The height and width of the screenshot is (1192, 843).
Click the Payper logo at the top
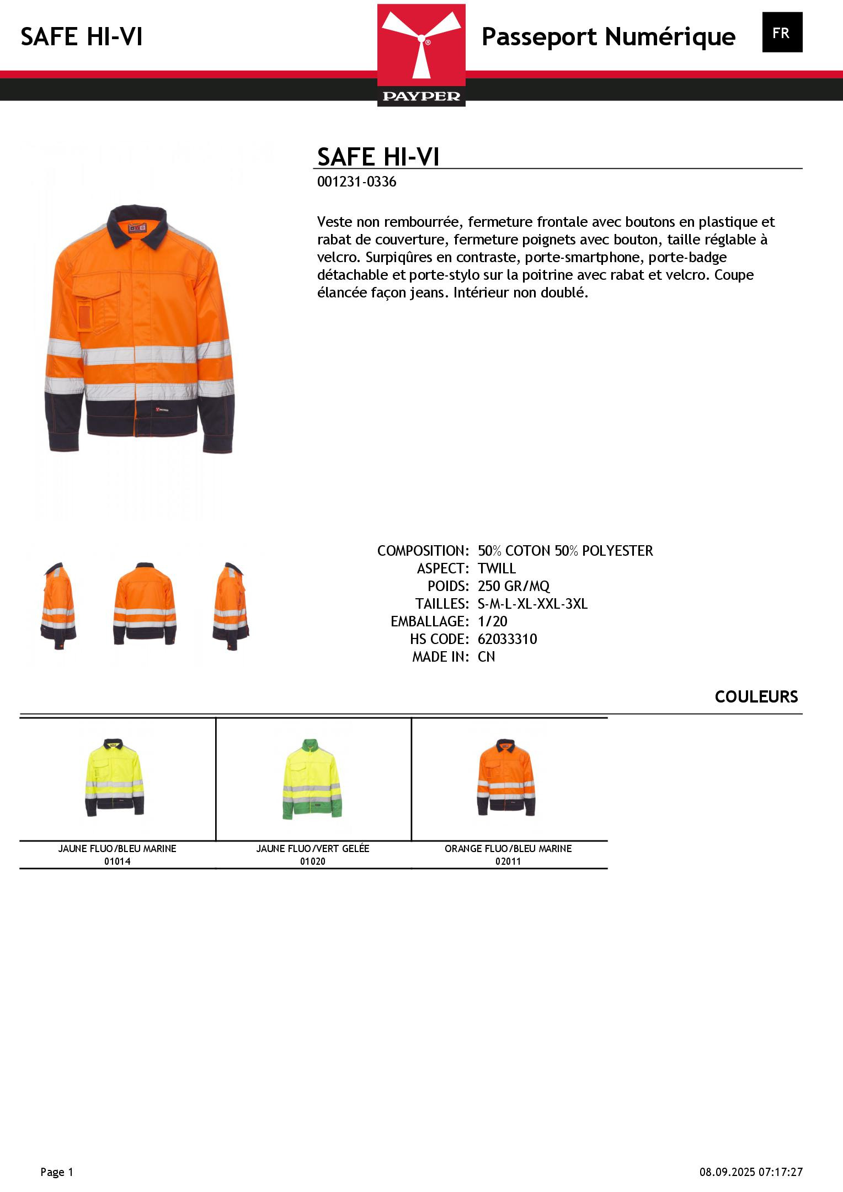421,55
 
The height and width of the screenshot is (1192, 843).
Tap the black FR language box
782,33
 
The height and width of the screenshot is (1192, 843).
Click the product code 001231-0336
356,182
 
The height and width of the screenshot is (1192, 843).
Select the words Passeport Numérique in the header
608,37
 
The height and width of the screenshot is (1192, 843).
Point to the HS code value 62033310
507,639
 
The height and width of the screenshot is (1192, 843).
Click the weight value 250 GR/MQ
514,586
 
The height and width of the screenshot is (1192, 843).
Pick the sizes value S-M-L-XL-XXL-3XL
532,604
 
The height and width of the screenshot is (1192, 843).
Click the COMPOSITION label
423,551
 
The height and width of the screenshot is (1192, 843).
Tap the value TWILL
497,568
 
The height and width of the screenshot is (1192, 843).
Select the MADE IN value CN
486,657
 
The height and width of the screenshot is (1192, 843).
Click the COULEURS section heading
756,697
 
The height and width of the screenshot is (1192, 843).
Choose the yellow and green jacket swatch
313,779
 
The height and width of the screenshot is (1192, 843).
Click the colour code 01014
118,861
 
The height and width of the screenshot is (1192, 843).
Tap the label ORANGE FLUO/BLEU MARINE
508,849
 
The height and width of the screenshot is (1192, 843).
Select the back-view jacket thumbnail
145,604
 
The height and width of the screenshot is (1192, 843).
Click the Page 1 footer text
57,1172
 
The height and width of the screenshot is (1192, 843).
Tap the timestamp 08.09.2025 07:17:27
751,1172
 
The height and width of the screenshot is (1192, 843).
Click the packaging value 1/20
492,621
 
